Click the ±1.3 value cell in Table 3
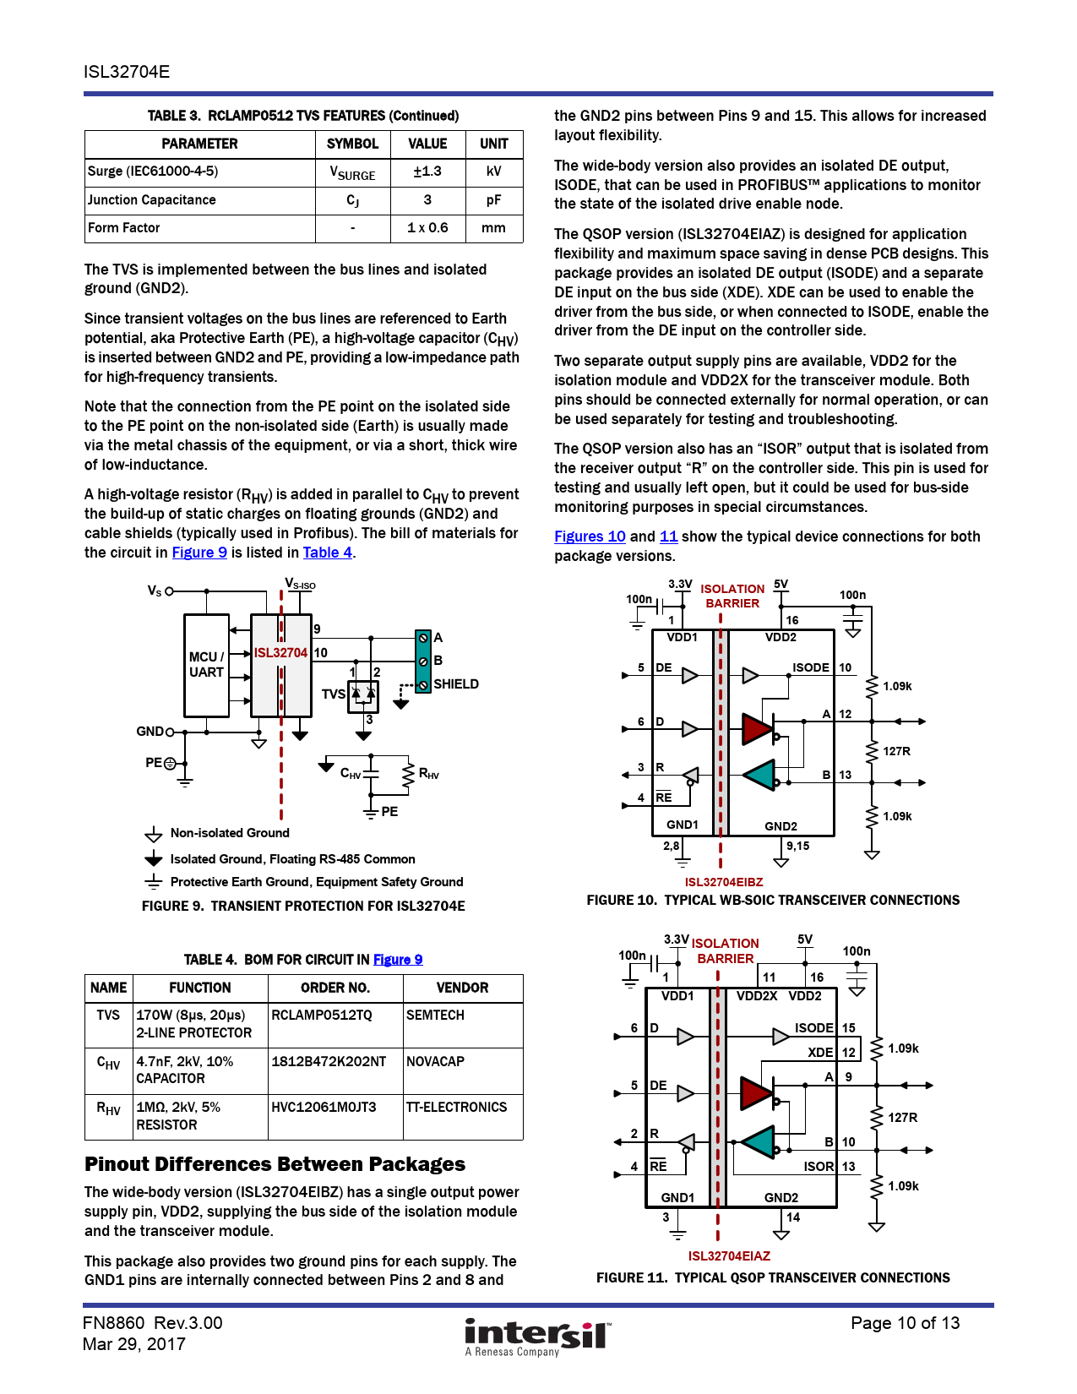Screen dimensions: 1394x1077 click(x=427, y=172)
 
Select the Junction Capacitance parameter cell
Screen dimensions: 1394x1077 click(x=152, y=200)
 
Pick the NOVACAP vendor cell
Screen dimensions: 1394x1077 click(x=436, y=1062)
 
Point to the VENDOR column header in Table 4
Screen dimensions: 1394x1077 click(x=462, y=988)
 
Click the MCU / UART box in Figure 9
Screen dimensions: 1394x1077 click(x=206, y=665)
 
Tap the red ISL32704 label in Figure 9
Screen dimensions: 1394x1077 click(x=280, y=653)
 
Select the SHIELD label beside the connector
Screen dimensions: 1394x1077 click(x=456, y=684)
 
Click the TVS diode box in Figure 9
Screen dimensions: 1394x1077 click(x=363, y=695)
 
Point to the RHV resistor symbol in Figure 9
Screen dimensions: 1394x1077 click(x=409, y=776)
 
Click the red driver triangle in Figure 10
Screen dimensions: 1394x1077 click(x=757, y=729)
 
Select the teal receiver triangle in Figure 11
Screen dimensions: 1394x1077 click(x=758, y=1142)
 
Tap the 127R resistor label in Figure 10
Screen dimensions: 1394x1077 click(x=896, y=751)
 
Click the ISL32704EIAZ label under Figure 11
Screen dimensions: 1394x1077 click(x=729, y=1256)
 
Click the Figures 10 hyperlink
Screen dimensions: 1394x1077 click(x=590, y=536)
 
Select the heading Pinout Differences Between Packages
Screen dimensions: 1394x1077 click(x=275, y=1164)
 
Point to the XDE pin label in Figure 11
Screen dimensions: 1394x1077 click(x=819, y=1053)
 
